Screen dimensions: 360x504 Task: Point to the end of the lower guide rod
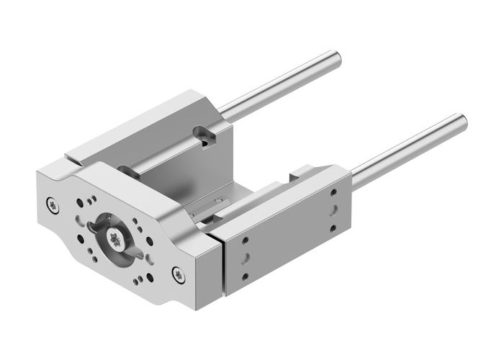click(x=462, y=120)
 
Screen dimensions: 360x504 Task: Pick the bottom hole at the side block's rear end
click(x=332, y=229)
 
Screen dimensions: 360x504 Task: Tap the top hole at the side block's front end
click(x=246, y=238)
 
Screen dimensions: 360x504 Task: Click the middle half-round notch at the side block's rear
click(x=333, y=211)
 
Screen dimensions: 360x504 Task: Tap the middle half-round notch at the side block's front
click(x=246, y=257)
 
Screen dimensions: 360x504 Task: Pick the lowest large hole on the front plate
click(x=150, y=276)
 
